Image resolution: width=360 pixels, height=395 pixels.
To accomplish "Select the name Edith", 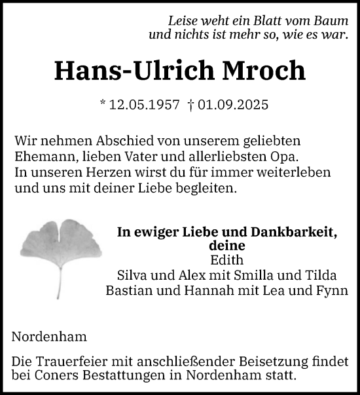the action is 226,260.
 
